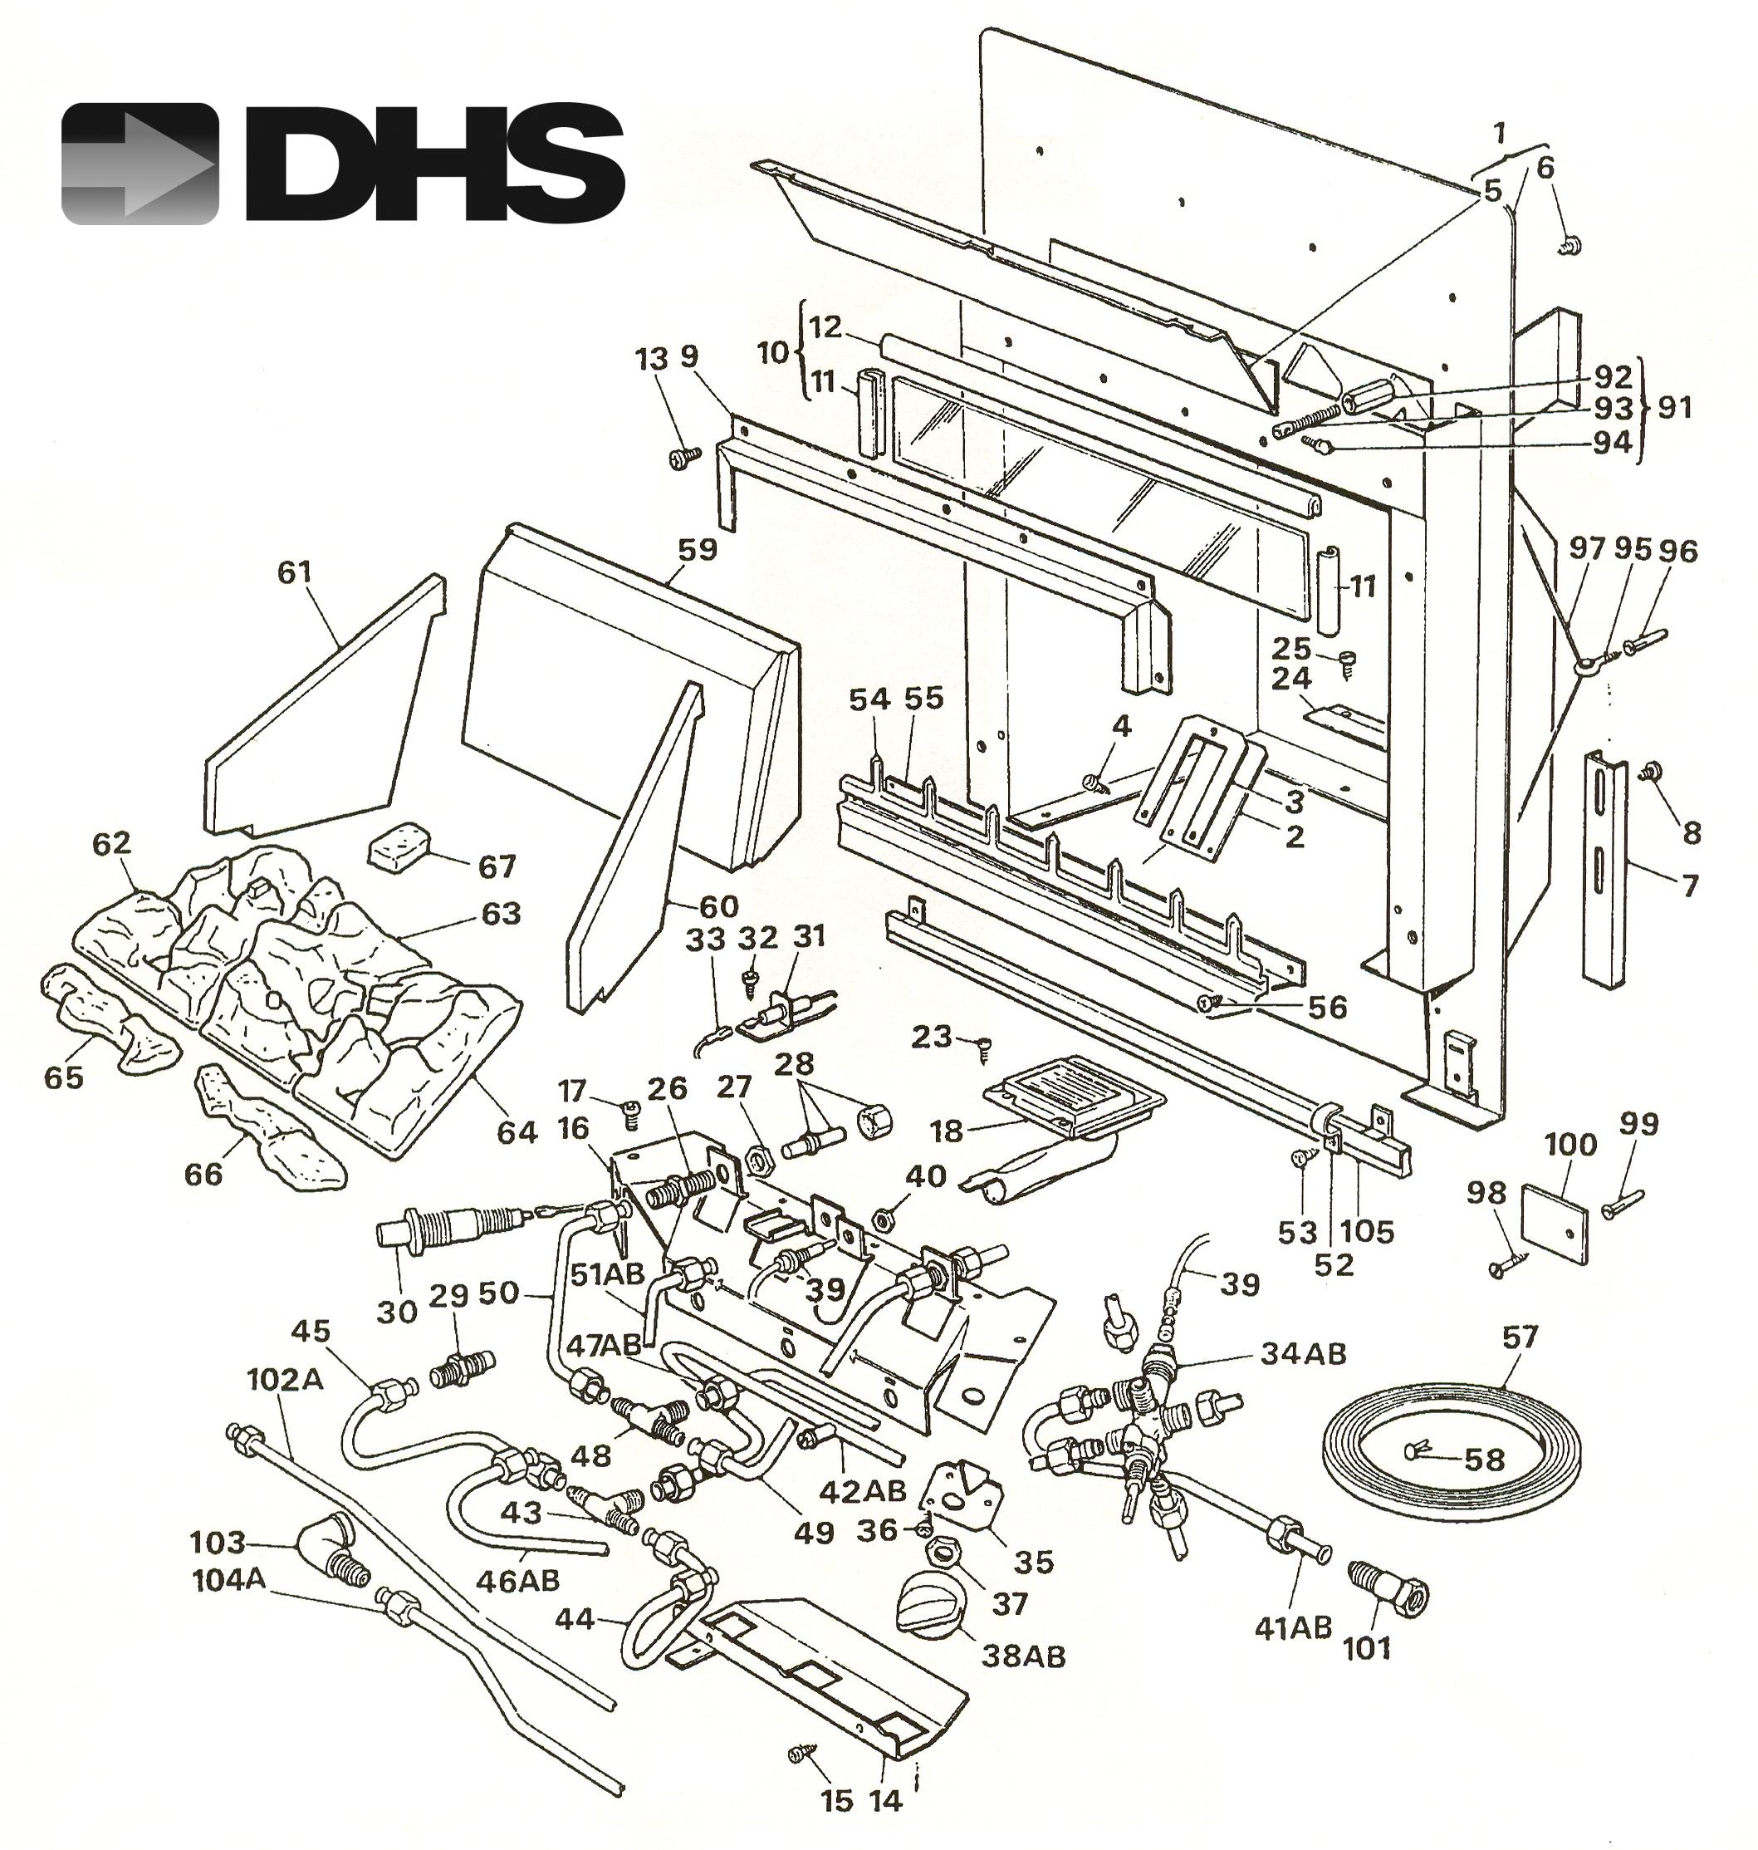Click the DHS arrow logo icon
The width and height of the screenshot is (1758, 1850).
coord(140,164)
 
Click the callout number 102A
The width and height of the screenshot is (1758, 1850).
coord(285,1380)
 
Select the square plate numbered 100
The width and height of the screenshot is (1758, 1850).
coord(1554,1223)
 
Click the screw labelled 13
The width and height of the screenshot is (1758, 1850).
coord(683,458)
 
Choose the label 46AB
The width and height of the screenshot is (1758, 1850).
coord(517,1580)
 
